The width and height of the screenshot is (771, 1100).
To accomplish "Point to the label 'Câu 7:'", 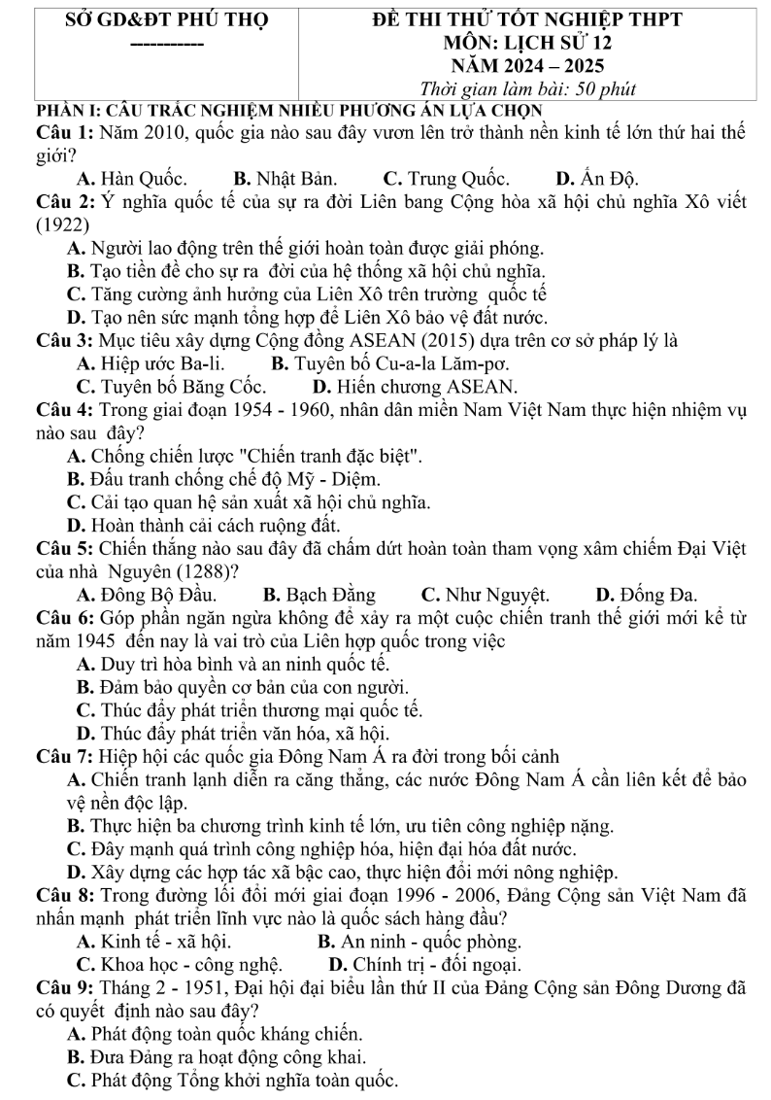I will [x=64, y=757].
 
